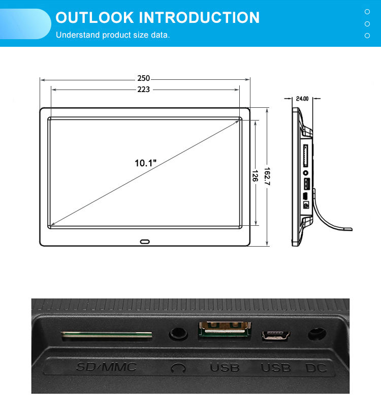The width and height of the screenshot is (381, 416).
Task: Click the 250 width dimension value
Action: click(x=143, y=78)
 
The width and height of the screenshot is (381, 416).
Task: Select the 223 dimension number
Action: click(x=143, y=90)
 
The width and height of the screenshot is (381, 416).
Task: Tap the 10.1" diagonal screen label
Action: click(x=145, y=163)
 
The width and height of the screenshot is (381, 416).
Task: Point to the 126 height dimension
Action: click(x=255, y=175)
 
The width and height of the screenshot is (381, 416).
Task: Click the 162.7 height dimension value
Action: click(x=267, y=176)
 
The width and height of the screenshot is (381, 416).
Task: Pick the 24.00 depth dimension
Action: click(x=302, y=99)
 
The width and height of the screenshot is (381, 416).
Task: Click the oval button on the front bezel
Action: click(x=145, y=242)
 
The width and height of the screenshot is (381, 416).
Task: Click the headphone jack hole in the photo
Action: click(x=178, y=334)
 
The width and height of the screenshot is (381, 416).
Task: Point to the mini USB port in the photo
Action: click(x=275, y=335)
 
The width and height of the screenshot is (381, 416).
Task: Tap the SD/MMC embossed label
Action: click(x=107, y=366)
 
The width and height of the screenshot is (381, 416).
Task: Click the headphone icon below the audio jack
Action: click(x=178, y=367)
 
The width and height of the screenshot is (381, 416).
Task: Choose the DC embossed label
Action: click(x=316, y=367)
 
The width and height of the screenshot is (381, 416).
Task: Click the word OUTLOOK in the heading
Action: click(x=94, y=18)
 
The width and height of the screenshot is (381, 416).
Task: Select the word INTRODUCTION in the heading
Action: click(x=199, y=18)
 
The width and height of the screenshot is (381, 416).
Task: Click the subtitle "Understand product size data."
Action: click(x=113, y=35)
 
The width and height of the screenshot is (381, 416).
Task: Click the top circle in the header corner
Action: click(x=367, y=11)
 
